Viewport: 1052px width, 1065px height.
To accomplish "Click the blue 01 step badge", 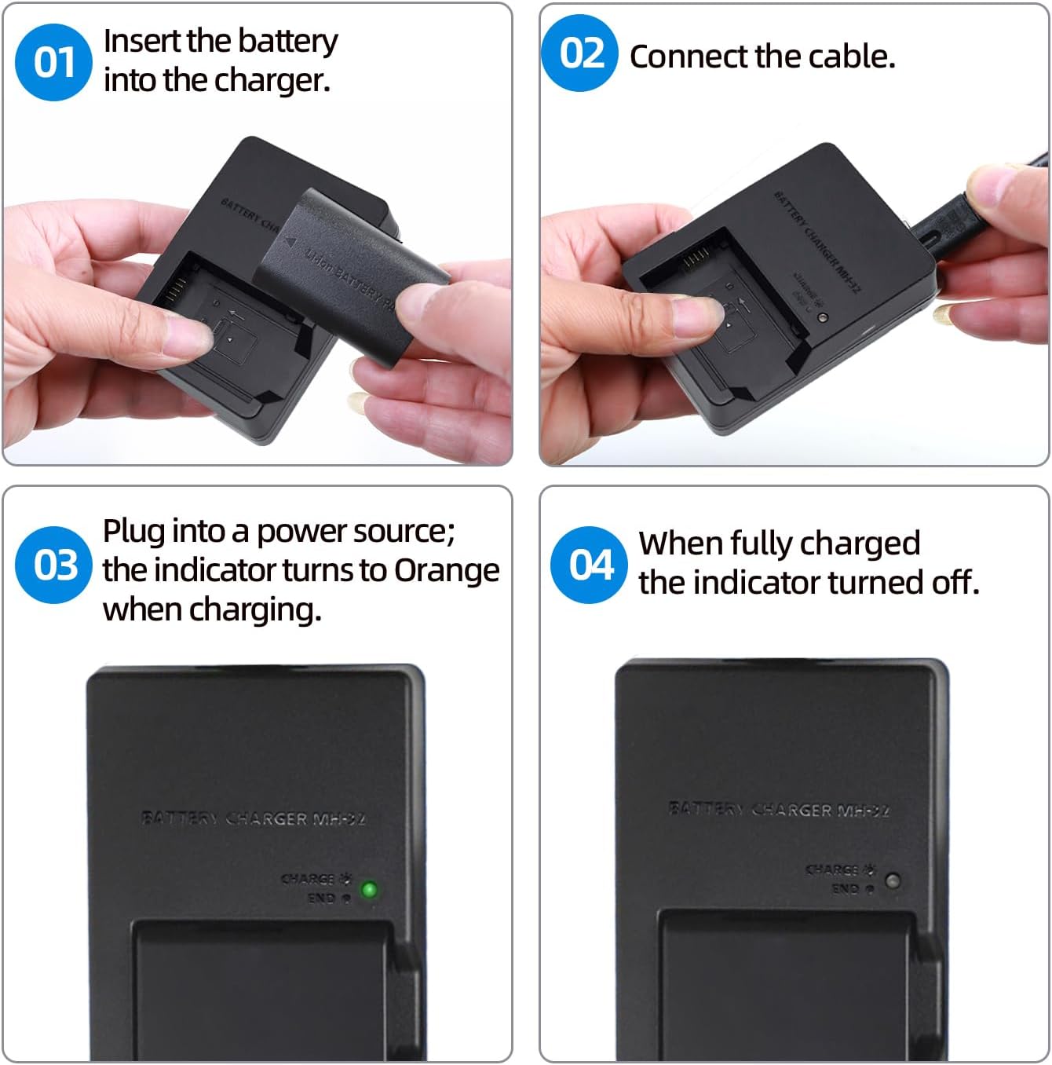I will pos(53,62).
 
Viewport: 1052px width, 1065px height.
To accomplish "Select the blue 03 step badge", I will pos(54,565).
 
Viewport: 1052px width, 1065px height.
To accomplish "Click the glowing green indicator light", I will pos(368,890).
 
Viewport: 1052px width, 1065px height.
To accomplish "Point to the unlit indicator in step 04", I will pos(893,880).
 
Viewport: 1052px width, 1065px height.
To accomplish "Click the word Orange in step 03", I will pos(446,570).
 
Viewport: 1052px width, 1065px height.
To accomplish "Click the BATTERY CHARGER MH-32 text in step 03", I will pos(253,818).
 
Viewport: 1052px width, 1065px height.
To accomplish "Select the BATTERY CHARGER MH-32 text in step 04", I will pos(779,809).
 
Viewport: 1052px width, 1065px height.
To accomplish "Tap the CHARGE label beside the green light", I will pos(310,879).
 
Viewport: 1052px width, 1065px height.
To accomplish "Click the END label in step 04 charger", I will pos(846,889).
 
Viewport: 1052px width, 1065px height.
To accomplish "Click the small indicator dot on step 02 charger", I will pos(822,318).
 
